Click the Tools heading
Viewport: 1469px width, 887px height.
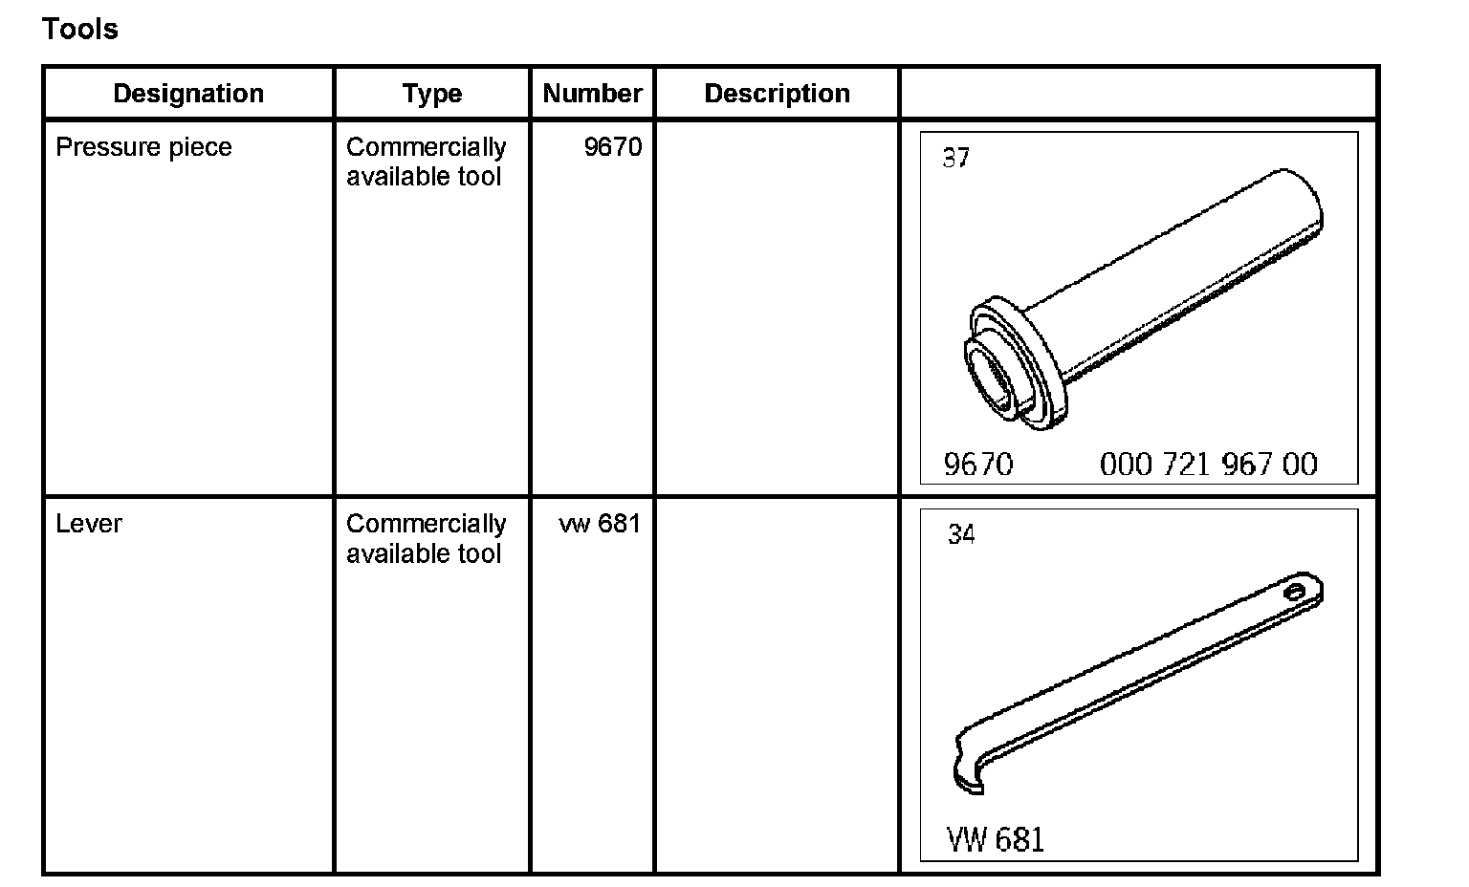pyautogui.click(x=80, y=30)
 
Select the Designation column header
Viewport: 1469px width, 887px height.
pyautogui.click(x=188, y=93)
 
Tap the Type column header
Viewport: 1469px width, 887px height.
pyautogui.click(x=432, y=94)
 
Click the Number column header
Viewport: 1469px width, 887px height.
pyautogui.click(x=592, y=93)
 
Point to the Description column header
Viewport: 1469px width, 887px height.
pyautogui.click(x=778, y=94)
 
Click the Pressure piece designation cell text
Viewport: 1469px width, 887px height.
pyautogui.click(x=143, y=147)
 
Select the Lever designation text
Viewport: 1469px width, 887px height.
pyautogui.click(x=89, y=524)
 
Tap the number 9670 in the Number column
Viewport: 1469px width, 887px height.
pyautogui.click(x=612, y=147)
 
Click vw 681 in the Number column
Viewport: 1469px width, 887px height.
pyautogui.click(x=600, y=524)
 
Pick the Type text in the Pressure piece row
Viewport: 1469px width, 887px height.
pyautogui.click(x=427, y=162)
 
